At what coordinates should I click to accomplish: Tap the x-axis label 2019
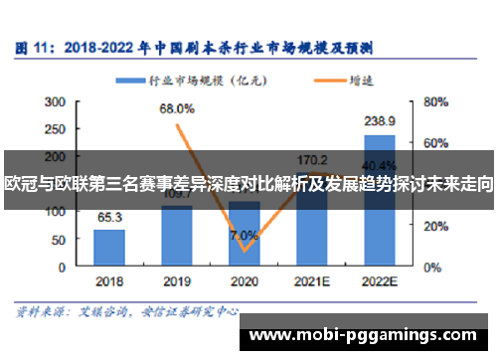(176, 281)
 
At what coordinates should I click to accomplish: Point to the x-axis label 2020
(244, 281)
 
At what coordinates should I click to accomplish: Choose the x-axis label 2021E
(312, 281)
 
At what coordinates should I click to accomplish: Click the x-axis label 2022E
(380, 281)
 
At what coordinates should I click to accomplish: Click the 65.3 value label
(109, 217)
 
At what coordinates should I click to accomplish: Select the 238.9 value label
(380, 121)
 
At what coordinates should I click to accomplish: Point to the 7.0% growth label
(243, 236)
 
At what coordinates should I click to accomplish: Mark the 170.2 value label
(312, 158)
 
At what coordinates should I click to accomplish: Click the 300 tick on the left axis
(56, 100)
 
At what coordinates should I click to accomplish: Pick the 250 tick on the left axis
(56, 128)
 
